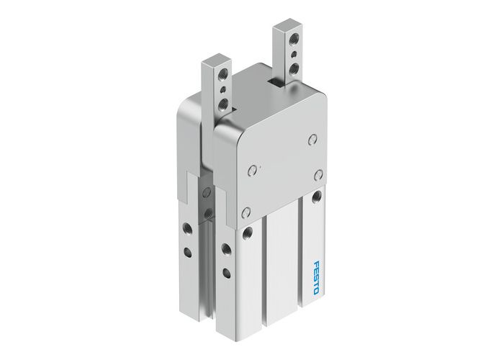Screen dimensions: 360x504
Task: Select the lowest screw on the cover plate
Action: pyautogui.click(x=246, y=212)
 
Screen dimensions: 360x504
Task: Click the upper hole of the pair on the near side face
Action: pyautogui.click(x=226, y=249)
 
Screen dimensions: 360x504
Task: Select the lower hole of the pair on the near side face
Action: pyautogui.click(x=226, y=272)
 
